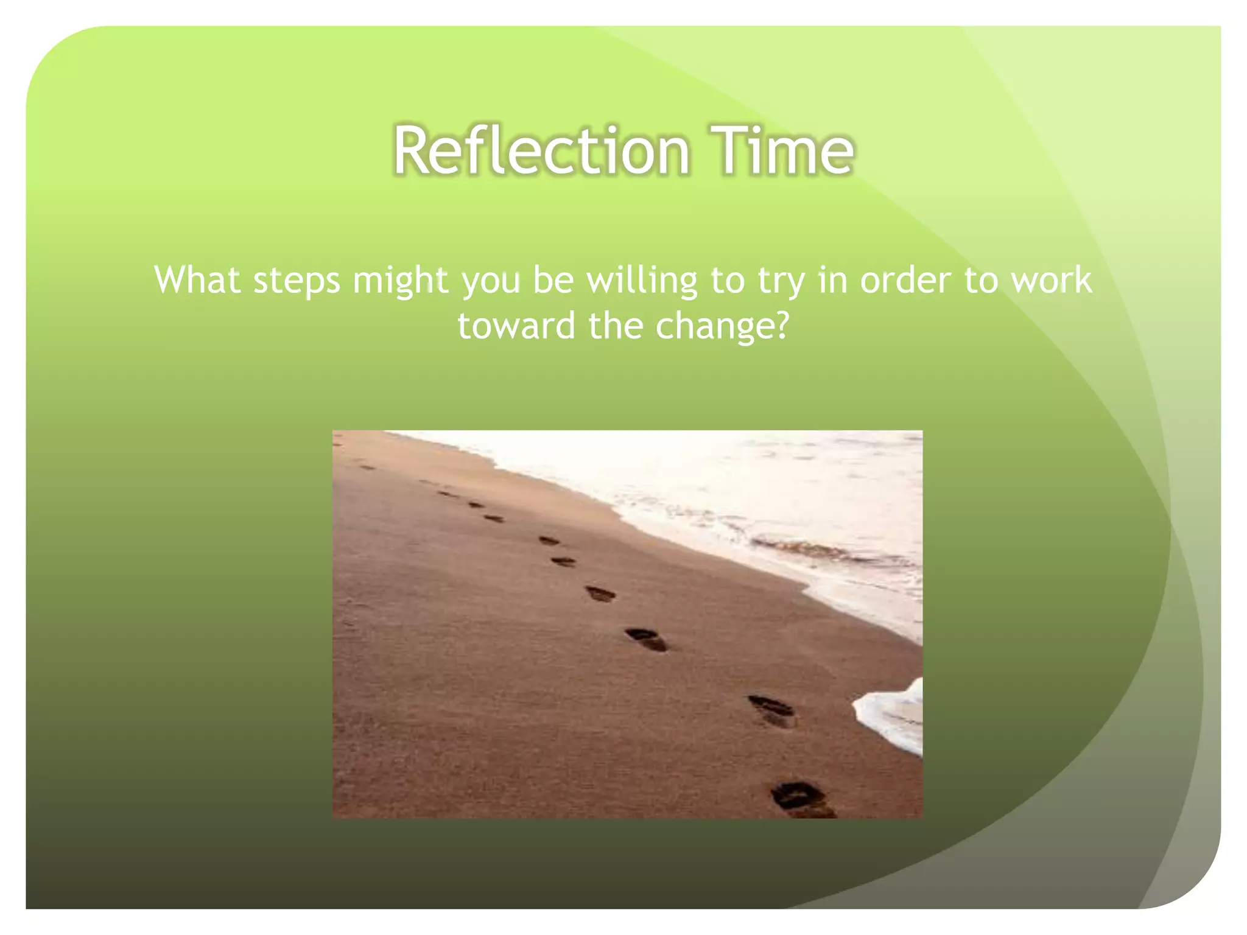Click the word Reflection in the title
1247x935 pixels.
coord(541,150)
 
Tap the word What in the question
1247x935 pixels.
coord(196,280)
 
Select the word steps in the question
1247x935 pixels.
coord(296,281)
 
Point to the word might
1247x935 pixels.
coord(400,281)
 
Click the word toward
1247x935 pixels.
coord(516,326)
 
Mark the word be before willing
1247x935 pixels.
coord(553,280)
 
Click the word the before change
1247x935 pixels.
coord(615,326)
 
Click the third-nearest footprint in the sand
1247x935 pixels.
coord(647,639)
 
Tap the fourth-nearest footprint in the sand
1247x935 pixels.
coord(600,593)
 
